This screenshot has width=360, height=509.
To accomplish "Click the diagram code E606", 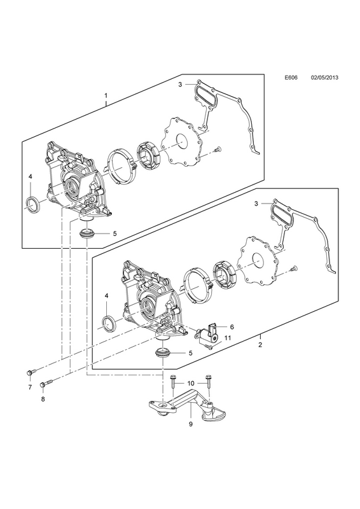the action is (291, 78).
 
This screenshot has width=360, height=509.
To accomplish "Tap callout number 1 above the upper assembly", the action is (106, 96).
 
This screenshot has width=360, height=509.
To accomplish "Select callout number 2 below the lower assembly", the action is (260, 345).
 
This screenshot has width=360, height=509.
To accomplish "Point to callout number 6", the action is (232, 327).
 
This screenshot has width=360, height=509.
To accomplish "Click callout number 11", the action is (228, 338).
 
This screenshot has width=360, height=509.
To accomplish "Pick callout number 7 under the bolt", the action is (29, 387).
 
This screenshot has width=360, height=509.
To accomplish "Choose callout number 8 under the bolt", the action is (43, 399).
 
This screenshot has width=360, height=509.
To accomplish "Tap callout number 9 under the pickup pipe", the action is (191, 424).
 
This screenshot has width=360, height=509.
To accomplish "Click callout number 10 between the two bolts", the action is (191, 384).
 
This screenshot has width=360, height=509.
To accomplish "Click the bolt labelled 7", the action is (31, 372).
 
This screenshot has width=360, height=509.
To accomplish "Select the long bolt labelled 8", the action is (46, 384).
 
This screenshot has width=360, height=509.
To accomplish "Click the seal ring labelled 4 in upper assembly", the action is (33, 205).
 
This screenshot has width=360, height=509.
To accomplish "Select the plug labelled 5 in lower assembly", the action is (162, 352).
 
